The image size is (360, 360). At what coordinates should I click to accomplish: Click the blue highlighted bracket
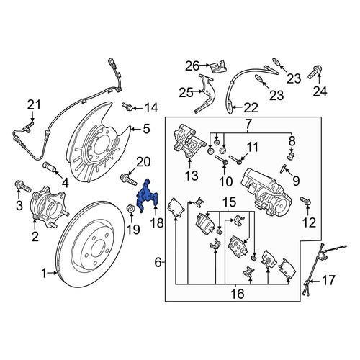[146, 196]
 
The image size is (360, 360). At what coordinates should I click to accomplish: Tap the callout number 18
[157, 223]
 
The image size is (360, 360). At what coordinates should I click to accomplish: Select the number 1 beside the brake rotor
[44, 274]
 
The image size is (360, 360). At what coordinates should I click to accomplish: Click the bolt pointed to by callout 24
[315, 72]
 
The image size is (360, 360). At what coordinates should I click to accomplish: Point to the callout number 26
[192, 66]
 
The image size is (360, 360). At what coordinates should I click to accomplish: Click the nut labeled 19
[131, 208]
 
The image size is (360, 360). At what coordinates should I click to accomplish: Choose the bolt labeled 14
[127, 107]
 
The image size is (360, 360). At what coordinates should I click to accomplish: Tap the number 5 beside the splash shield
[146, 129]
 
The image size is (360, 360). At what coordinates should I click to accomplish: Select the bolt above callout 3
[23, 186]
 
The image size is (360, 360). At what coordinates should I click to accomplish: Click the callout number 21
[34, 105]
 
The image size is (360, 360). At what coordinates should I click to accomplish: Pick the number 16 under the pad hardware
[238, 293]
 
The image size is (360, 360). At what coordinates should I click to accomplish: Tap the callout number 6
[158, 262]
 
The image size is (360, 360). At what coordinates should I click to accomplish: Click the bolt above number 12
[305, 201]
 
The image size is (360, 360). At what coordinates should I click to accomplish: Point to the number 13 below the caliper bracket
[192, 176]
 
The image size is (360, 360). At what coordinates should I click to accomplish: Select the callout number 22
[251, 108]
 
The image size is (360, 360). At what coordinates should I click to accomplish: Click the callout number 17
[328, 280]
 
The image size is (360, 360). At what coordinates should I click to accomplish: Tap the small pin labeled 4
[49, 167]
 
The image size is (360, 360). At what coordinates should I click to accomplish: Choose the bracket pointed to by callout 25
[204, 94]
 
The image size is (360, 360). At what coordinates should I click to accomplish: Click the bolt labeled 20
[129, 179]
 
